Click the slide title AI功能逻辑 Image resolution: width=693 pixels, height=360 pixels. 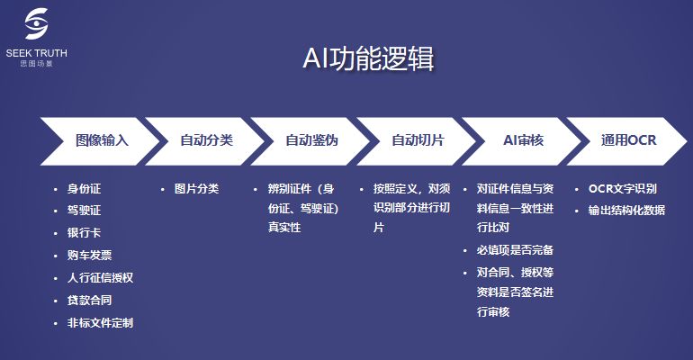(368, 58)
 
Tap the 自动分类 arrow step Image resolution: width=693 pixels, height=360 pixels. (206, 140)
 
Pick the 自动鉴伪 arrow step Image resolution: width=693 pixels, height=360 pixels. (311, 140)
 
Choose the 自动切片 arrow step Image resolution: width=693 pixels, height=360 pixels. (417, 140)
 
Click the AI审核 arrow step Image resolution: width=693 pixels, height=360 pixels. (523, 140)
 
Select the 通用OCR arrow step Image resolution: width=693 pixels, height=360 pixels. (629, 140)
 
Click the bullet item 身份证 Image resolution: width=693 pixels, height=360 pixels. (84, 189)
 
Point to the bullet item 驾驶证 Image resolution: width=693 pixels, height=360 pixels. (84, 211)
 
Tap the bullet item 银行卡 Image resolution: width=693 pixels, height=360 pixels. (84, 233)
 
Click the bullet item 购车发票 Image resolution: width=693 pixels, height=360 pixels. (89, 256)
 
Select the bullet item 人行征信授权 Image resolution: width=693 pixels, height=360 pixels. (100, 278)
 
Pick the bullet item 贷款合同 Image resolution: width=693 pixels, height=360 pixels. (89, 300)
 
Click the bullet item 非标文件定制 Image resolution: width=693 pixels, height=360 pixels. (100, 322)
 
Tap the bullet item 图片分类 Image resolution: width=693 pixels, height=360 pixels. (196, 189)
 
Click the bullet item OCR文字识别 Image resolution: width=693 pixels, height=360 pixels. (622, 189)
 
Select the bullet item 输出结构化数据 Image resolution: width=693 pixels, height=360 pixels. (626, 210)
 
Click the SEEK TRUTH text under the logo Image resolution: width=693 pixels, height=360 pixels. (36, 53)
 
